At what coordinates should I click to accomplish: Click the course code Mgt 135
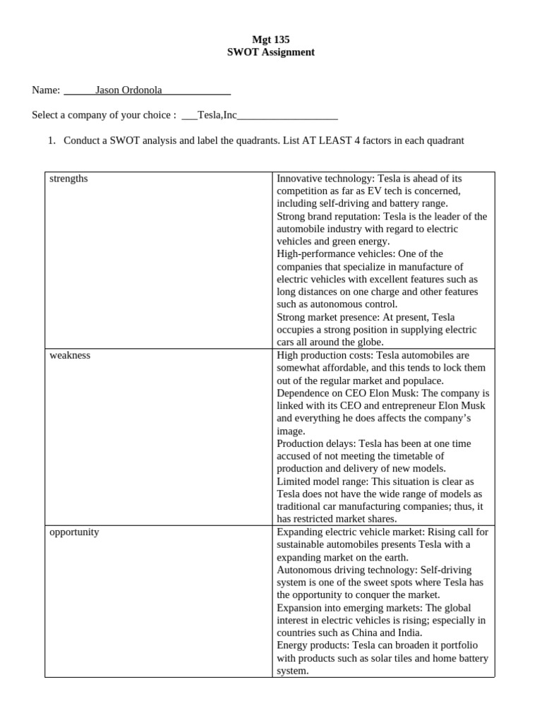pyautogui.click(x=271, y=40)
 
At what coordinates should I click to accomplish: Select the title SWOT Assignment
pyautogui.click(x=271, y=52)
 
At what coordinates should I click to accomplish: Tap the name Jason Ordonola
pyautogui.click(x=128, y=90)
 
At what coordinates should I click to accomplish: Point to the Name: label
pyautogui.click(x=46, y=90)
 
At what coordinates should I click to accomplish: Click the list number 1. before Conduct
pyautogui.click(x=52, y=141)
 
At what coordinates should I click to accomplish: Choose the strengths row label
pyautogui.click(x=68, y=179)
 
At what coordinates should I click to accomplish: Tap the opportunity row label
pyautogui.click(x=74, y=532)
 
